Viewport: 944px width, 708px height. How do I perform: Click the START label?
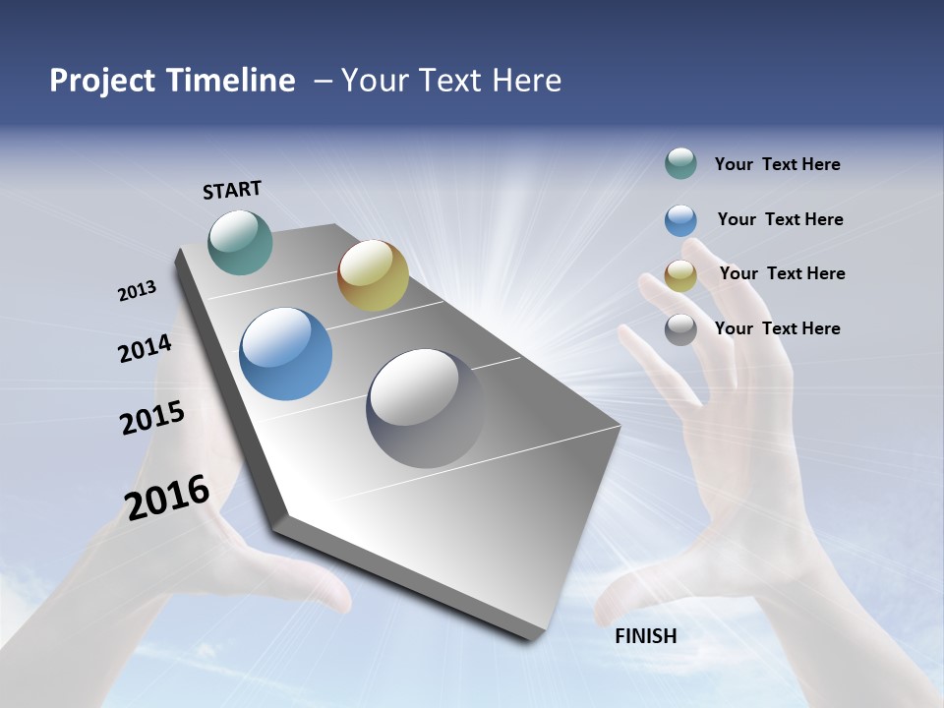(x=232, y=190)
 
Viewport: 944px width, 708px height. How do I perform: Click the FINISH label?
(x=645, y=636)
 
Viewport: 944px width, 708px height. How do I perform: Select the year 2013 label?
(x=137, y=291)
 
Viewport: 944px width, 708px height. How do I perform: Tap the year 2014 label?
(x=145, y=349)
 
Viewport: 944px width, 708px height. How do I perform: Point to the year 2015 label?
(x=152, y=418)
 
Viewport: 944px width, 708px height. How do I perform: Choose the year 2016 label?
(x=167, y=498)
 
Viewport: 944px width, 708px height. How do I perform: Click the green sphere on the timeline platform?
(x=240, y=242)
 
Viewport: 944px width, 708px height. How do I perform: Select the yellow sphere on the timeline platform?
(x=373, y=275)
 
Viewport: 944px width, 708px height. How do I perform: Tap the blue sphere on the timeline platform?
(x=285, y=354)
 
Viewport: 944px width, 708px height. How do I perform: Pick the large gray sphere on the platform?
(x=425, y=408)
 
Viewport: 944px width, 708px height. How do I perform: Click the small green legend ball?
(x=680, y=164)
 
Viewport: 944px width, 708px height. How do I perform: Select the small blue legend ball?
(x=680, y=220)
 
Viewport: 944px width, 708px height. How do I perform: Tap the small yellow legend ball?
(x=680, y=275)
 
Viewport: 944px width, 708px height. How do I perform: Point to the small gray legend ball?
(x=680, y=329)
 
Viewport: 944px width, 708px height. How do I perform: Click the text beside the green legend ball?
(x=777, y=164)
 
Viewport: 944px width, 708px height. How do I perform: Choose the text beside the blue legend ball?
(x=780, y=219)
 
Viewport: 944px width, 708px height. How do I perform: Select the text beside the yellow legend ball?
(x=782, y=273)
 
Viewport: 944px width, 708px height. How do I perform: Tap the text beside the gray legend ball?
(x=777, y=328)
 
